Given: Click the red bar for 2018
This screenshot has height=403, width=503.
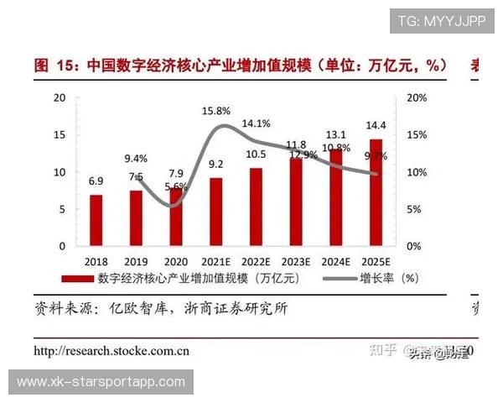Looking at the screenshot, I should pyautogui.click(x=96, y=220).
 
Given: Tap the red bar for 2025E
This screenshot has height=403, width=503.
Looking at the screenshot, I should pyautogui.click(x=375, y=192).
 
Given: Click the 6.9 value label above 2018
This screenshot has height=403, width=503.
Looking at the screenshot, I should pyautogui.click(x=96, y=181).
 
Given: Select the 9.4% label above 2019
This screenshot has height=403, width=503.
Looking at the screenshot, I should pyautogui.click(x=136, y=158).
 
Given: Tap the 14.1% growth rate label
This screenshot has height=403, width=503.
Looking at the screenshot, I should pyautogui.click(x=256, y=123).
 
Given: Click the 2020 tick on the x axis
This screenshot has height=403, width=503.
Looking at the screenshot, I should pyautogui.click(x=175, y=261).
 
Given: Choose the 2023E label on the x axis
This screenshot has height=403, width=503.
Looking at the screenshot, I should pyautogui.click(x=295, y=261).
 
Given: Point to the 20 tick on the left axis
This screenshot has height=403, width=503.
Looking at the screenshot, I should pyautogui.click(x=59, y=97).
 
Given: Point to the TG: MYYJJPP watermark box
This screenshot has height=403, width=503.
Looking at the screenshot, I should pyautogui.click(x=442, y=21).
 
